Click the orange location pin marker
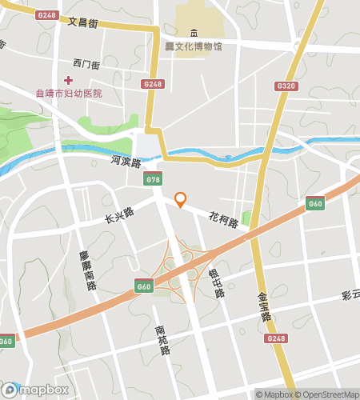[181, 199]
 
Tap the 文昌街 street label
[83, 23]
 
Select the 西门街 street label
[86, 63]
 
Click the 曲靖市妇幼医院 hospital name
[70, 94]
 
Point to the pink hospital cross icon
[69, 79]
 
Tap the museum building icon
[194, 34]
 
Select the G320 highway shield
[285, 86]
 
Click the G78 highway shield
[154, 180]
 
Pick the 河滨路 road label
[126, 162]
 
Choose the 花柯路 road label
[225, 218]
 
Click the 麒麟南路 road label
[87, 270]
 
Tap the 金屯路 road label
[264, 306]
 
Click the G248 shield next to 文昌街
[47, 15]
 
